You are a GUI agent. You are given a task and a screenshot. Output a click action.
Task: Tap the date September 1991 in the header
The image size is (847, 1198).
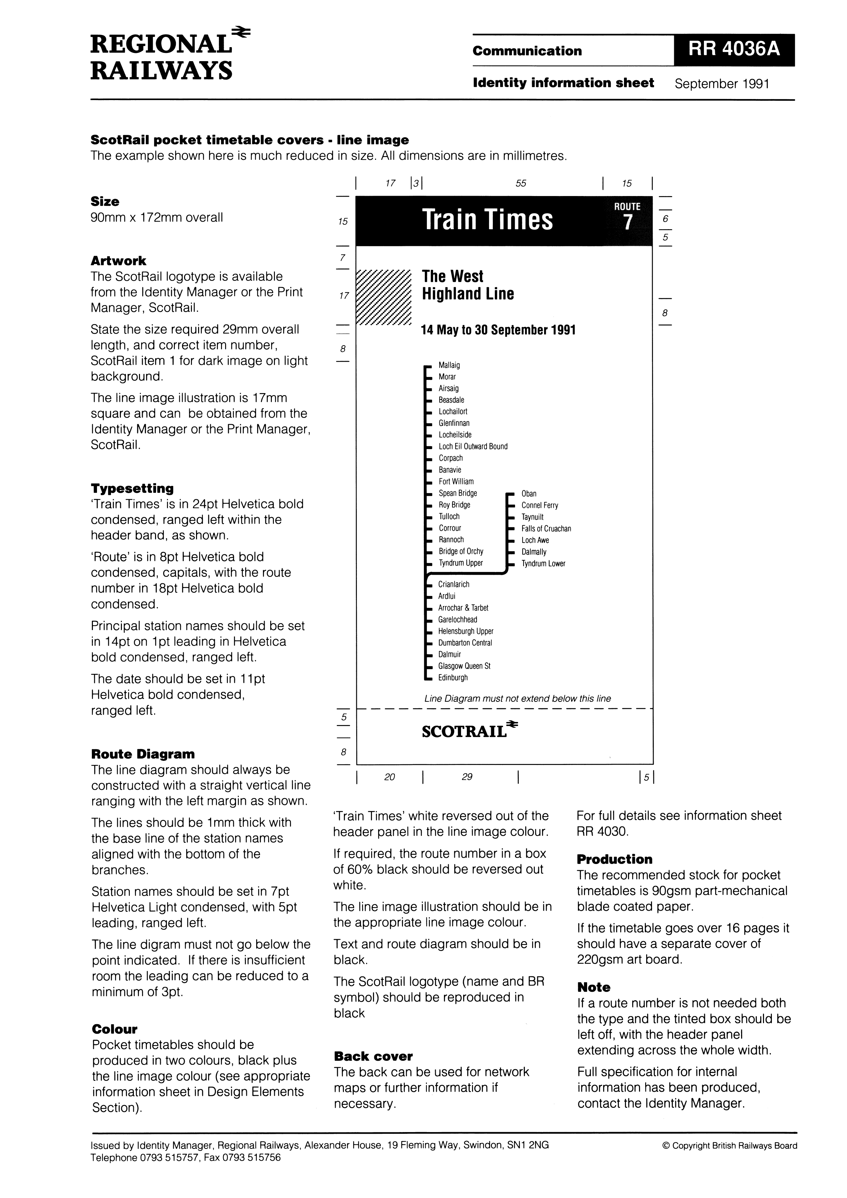tap(722, 84)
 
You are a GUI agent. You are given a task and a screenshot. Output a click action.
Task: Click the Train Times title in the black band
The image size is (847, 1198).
tap(487, 219)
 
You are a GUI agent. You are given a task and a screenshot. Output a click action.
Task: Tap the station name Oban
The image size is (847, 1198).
tap(529, 493)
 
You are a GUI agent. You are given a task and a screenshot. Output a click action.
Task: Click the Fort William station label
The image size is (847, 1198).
tap(456, 482)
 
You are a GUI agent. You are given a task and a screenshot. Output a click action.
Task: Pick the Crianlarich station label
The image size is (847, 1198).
tap(454, 584)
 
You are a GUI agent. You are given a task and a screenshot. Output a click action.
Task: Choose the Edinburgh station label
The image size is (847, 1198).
tap(453, 678)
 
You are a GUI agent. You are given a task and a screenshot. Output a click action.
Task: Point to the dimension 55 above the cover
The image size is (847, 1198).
tap(521, 183)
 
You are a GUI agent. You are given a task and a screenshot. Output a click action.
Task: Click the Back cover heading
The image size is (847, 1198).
tap(373, 1057)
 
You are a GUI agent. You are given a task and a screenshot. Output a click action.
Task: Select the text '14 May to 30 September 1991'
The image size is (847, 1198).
tap(498, 330)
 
